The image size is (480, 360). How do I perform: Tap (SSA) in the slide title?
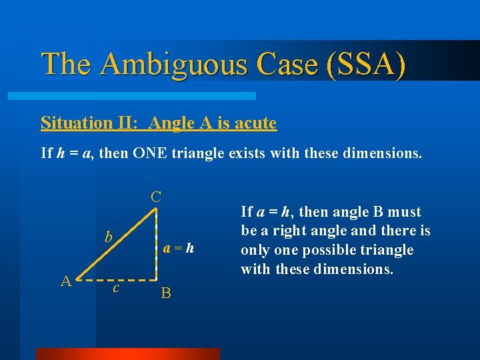point(365,65)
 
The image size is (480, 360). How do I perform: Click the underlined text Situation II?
point(91,123)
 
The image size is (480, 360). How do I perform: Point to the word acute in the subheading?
point(253,123)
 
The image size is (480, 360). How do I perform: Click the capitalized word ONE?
point(156,153)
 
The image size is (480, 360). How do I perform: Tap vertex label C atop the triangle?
point(155,197)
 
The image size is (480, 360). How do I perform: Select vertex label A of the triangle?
point(66,281)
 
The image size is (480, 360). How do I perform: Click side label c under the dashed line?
point(116,287)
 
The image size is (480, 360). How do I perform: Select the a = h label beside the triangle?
point(179,249)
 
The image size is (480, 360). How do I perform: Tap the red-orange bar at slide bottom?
point(127,354)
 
